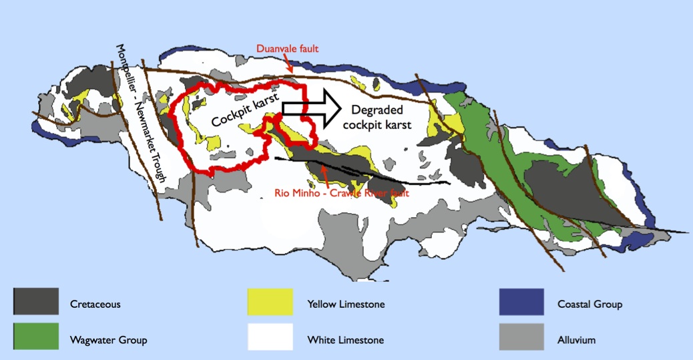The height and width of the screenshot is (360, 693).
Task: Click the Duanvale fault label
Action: click(287, 48)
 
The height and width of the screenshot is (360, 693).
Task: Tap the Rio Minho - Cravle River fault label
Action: click(341, 193)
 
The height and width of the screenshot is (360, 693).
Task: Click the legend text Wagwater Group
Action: click(108, 340)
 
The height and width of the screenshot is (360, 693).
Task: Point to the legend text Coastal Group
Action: click(590, 305)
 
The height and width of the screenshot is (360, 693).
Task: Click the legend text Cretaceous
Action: click(95, 305)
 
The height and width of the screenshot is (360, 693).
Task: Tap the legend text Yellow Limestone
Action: click(346, 305)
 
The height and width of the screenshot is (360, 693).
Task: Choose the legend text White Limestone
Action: click(345, 340)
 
